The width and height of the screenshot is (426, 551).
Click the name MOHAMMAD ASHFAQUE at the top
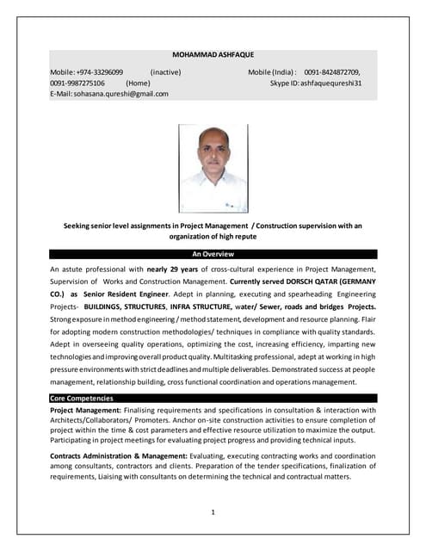tap(213, 53)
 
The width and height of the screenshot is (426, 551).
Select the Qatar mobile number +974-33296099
tap(100, 71)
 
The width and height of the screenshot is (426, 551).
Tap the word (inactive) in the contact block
tap(165, 71)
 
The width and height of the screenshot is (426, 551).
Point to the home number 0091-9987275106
tap(77, 83)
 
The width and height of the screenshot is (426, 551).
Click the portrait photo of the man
tap(213, 168)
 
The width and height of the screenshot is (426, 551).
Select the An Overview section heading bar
tap(213, 255)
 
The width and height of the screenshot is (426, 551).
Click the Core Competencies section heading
tap(81, 399)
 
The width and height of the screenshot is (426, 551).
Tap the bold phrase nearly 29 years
tap(177, 270)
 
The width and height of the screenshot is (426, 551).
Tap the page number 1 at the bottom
tap(213, 513)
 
